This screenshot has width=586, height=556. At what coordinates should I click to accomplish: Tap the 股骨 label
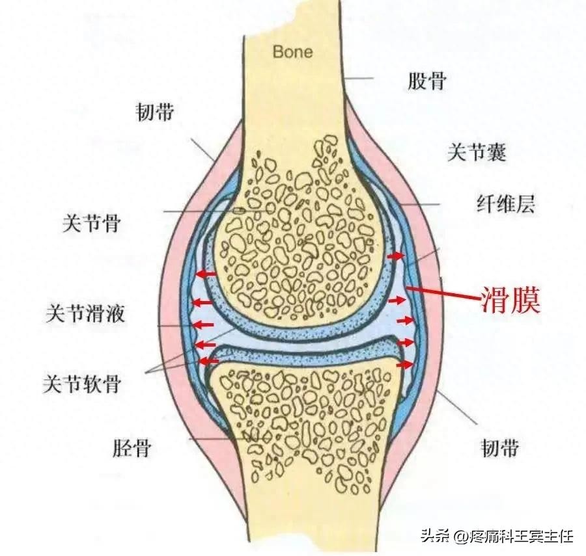427,82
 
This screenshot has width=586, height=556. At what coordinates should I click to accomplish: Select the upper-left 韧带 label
155,112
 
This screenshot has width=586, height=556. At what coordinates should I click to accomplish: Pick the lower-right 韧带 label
500,447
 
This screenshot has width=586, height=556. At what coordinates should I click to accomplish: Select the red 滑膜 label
511,301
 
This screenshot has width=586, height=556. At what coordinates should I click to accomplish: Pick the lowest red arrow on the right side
404,365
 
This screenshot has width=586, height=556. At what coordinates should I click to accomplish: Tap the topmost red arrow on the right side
395,258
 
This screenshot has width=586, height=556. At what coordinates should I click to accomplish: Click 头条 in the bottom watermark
434,537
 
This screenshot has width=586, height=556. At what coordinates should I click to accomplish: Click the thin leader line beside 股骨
357,79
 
